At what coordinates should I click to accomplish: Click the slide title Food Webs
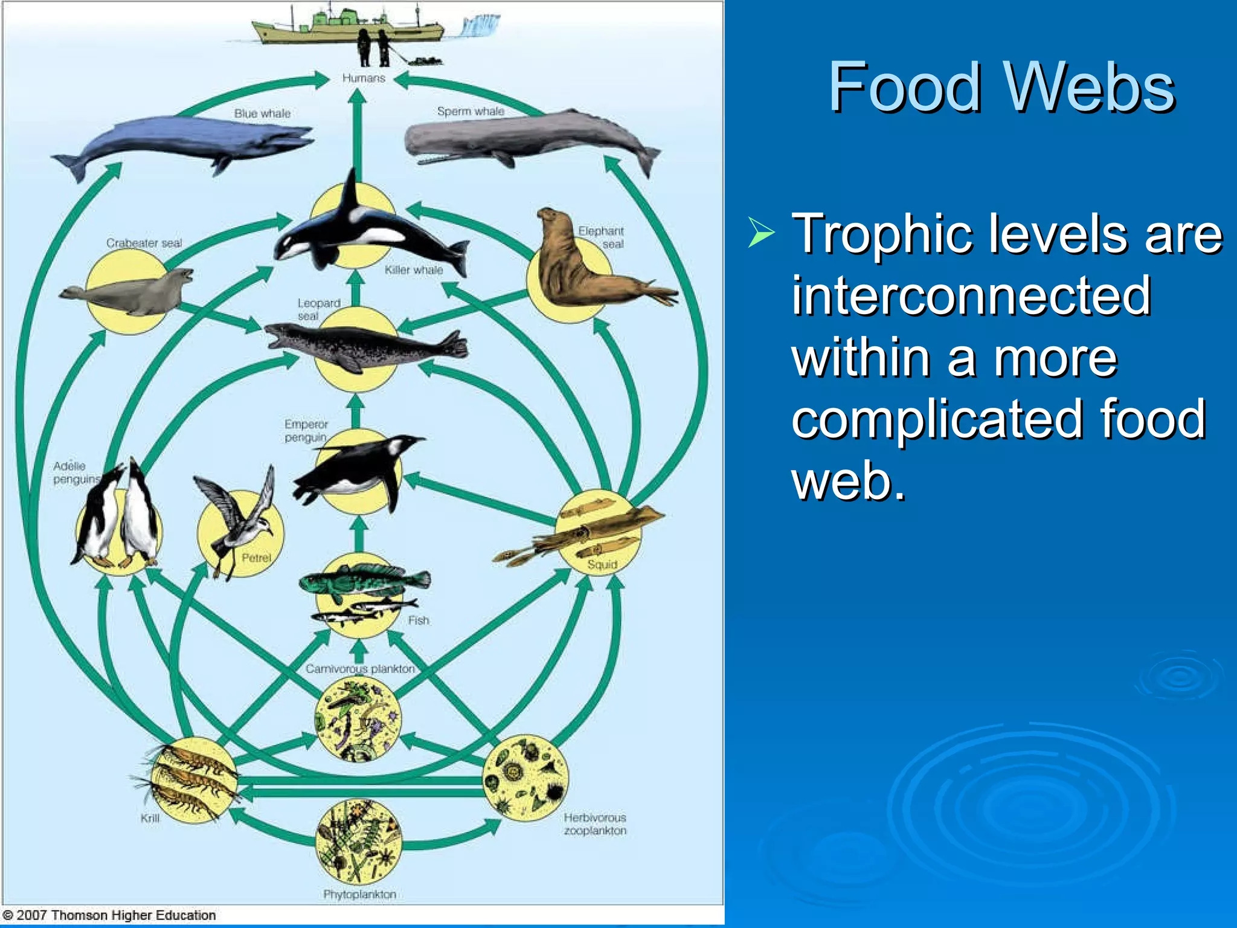(1001, 87)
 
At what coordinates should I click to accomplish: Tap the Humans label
(363, 78)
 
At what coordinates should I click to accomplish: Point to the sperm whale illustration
(525, 138)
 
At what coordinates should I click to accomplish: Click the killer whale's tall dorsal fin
(350, 190)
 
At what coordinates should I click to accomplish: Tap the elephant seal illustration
(580, 266)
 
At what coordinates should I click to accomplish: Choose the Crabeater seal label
(144, 243)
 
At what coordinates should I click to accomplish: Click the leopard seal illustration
(362, 347)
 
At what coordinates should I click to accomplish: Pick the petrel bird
(239, 520)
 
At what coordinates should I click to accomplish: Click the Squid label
(602, 564)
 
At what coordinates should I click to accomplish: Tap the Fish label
(418, 620)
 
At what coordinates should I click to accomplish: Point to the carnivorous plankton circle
(358, 719)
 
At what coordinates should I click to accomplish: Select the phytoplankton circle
(359, 841)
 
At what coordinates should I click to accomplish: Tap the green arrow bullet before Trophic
(761, 233)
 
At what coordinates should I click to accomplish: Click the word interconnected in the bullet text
(971, 295)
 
